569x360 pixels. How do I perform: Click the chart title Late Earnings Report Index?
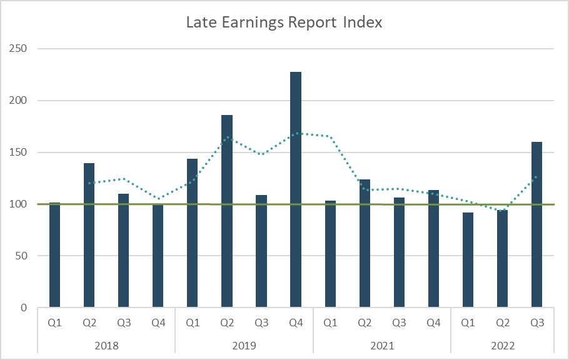tap(284, 23)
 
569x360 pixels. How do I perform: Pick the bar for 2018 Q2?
tap(89, 235)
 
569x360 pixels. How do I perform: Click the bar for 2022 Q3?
tap(536, 224)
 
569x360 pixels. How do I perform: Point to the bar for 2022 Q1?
tap(468, 260)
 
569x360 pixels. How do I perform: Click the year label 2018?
tap(106, 344)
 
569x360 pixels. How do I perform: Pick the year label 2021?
tap(381, 344)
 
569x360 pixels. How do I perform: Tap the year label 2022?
tap(502, 344)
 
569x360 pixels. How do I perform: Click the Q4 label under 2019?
tap(296, 322)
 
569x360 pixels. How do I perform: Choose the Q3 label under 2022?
tap(536, 322)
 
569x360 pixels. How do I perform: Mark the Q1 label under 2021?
tap(330, 322)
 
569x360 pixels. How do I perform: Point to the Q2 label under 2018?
tap(89, 322)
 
